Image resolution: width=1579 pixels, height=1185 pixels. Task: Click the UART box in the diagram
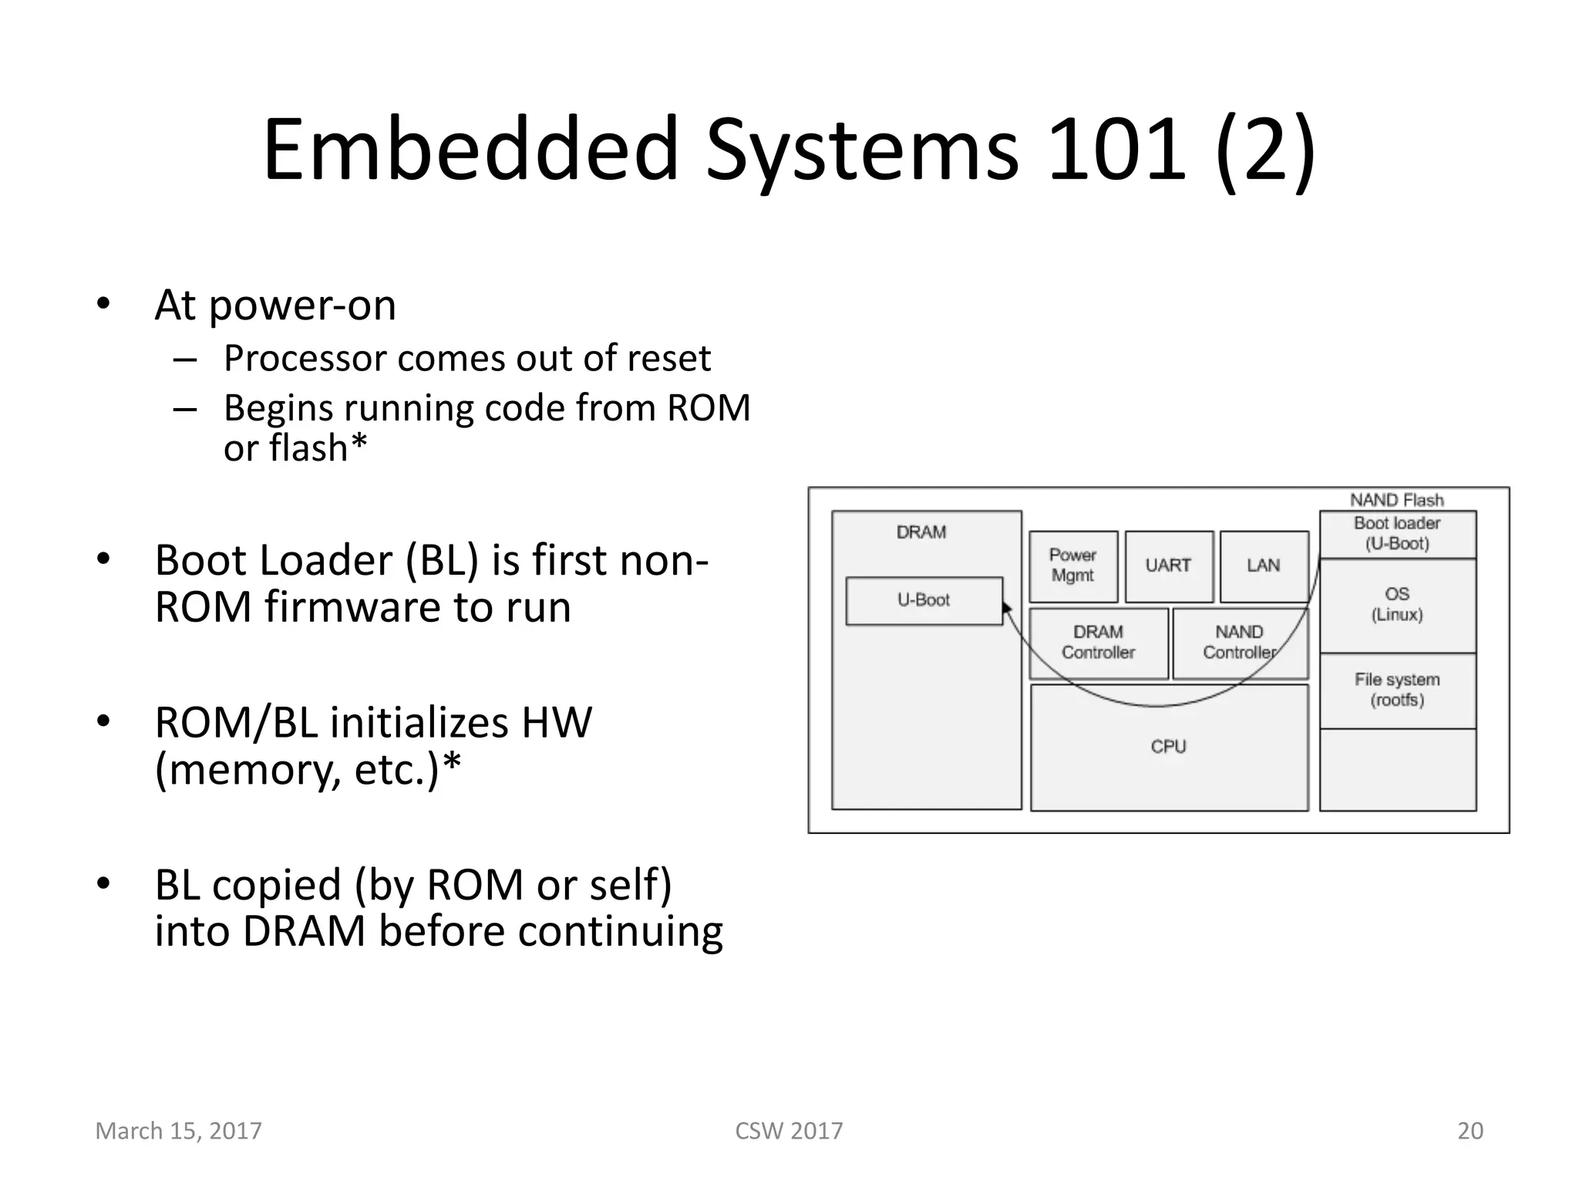(1168, 566)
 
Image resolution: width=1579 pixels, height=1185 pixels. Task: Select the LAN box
(1264, 566)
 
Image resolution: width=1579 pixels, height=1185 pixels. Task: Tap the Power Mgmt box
(1072, 566)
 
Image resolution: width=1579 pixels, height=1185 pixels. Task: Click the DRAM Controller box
(1098, 643)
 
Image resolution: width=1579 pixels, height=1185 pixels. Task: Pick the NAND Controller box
(1239, 643)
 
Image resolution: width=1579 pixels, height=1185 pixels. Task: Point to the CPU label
(1168, 747)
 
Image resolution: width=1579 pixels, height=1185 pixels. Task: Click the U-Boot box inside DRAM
(924, 600)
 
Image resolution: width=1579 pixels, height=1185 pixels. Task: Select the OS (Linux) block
(1397, 605)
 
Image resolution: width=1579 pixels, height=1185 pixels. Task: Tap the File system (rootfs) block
(1397, 690)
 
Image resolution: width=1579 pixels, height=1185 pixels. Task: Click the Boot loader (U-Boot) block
(1397, 534)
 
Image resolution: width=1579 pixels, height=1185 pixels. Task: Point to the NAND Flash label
(1396, 500)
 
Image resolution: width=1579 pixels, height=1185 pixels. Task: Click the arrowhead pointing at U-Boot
(1006, 609)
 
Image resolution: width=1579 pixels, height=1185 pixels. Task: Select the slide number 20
(1470, 1131)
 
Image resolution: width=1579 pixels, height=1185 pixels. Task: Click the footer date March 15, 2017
(178, 1131)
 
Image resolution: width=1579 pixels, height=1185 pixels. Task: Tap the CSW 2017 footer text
(789, 1131)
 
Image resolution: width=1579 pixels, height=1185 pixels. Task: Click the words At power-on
(275, 306)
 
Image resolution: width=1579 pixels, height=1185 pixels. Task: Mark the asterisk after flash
(359, 443)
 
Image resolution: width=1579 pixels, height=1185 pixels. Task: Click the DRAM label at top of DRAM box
(921, 532)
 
